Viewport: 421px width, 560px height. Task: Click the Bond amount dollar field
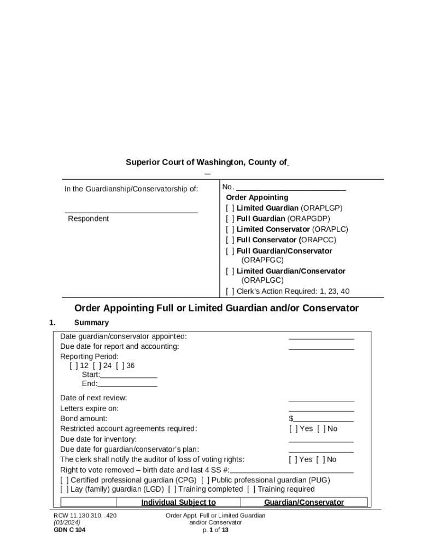(x=323, y=419)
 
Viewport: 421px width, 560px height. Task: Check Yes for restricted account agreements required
(x=293, y=429)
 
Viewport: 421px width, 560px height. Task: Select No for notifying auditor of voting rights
(x=320, y=459)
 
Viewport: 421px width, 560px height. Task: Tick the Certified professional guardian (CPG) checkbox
(x=65, y=480)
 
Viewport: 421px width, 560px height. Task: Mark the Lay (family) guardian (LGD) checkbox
(x=65, y=489)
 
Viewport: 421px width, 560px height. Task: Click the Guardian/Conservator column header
(x=304, y=502)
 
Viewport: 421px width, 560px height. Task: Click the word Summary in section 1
(x=91, y=323)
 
